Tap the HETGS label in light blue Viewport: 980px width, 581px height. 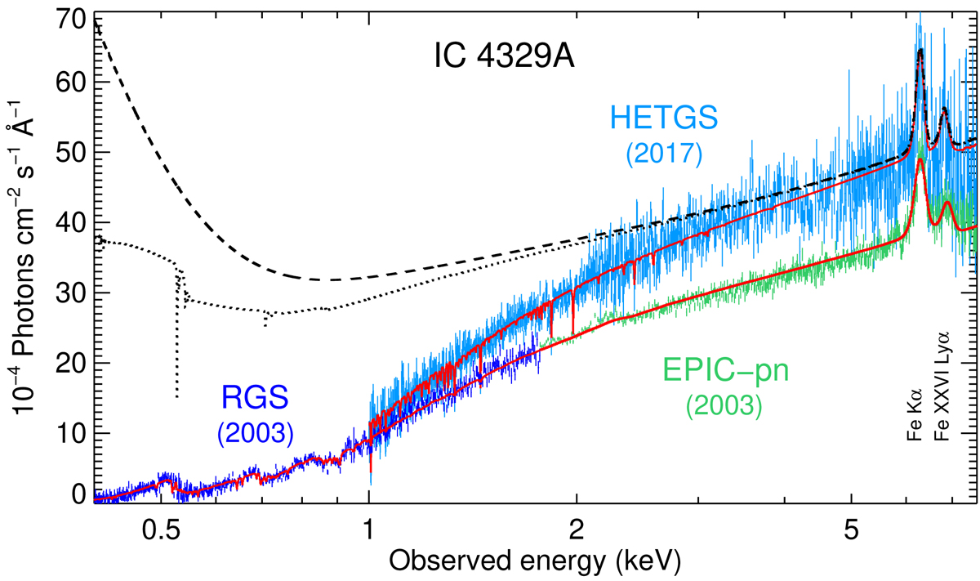tap(663, 119)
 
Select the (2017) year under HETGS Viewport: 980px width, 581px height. tap(663, 153)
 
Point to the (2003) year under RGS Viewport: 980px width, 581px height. tap(256, 431)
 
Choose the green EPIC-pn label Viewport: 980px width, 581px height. tap(724, 373)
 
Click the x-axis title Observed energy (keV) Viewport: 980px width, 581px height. tap(532, 562)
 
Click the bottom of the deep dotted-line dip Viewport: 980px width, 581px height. tap(176, 397)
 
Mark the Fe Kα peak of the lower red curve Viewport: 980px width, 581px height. tap(920, 159)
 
